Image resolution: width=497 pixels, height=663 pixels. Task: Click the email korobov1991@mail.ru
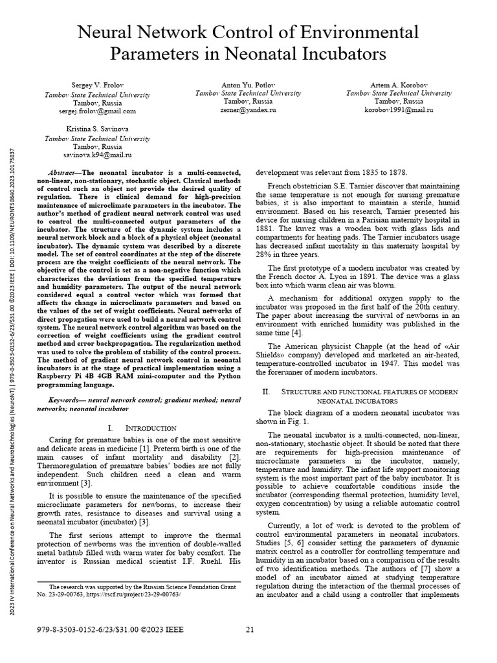(399, 111)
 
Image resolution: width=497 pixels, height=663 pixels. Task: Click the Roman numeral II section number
(265, 392)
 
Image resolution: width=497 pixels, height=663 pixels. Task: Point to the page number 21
(250, 629)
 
